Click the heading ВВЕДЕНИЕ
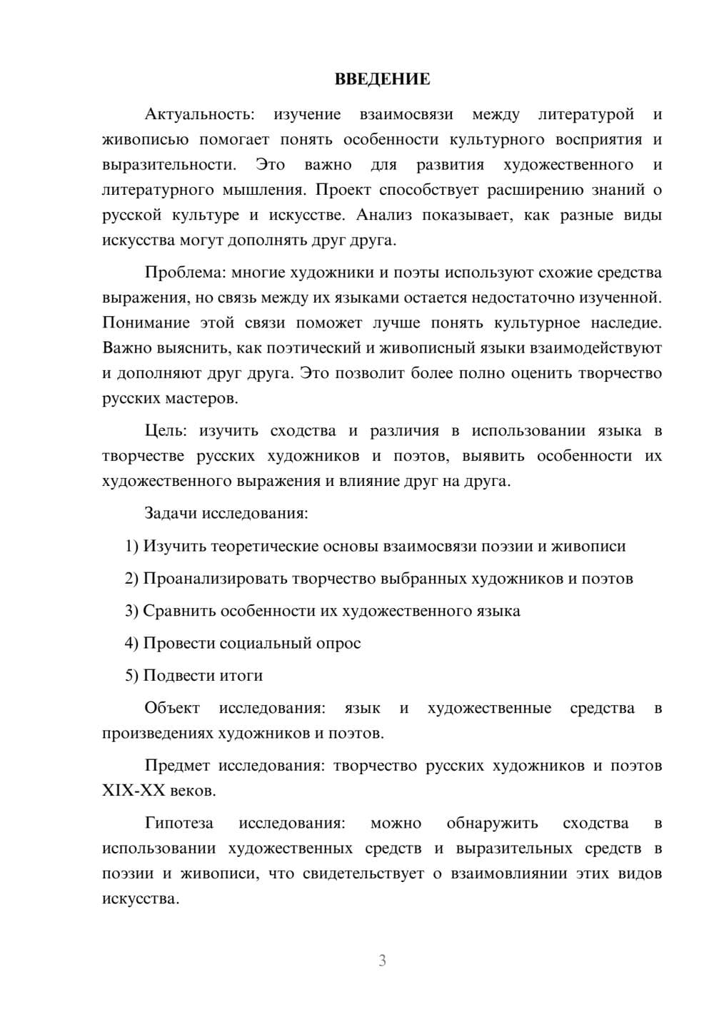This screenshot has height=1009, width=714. (382, 79)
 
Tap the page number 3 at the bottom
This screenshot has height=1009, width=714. (382, 960)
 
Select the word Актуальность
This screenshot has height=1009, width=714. (198, 114)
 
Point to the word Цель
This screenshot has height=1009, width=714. (166, 431)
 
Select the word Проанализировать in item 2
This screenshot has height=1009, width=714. (215, 579)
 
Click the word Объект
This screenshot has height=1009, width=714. (172, 708)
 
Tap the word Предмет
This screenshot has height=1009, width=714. (177, 766)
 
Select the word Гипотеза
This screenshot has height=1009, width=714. (178, 823)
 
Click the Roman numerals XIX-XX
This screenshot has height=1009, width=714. (134, 791)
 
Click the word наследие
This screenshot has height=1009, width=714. (626, 323)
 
